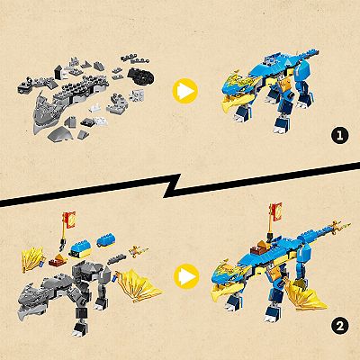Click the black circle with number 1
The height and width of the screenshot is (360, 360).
click(340, 136)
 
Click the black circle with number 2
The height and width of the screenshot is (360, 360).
click(340, 327)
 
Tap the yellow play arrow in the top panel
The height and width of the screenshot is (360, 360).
click(185, 91)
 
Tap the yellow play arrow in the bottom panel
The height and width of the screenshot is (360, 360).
click(186, 276)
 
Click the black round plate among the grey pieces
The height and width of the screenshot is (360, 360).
click(141, 75)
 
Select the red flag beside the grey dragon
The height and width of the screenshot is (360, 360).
click(70, 216)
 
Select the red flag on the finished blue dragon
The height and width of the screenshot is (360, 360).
click(276, 209)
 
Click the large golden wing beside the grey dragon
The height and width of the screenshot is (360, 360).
click(138, 285)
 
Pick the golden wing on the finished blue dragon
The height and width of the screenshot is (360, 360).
click(304, 295)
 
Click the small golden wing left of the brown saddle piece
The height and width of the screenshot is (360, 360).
click(31, 259)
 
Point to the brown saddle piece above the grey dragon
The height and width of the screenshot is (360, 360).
click(58, 261)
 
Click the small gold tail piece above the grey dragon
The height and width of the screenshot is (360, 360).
click(139, 251)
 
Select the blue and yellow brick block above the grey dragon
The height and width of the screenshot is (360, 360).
click(80, 250)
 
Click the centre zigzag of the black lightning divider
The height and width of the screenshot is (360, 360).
click(172, 185)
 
